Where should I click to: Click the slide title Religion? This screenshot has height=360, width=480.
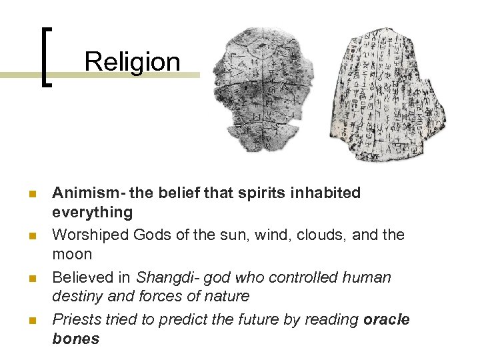click(x=133, y=62)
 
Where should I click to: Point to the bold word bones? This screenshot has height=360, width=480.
click(x=75, y=339)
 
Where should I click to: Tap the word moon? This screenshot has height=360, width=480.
click(x=72, y=254)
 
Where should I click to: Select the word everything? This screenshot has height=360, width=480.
click(x=92, y=212)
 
